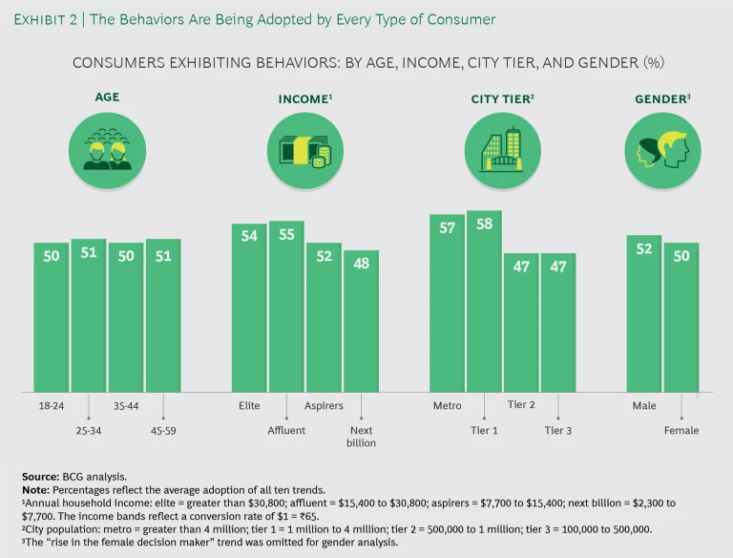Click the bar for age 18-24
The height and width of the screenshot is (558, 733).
(x=52, y=317)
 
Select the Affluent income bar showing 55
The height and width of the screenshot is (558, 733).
(x=286, y=306)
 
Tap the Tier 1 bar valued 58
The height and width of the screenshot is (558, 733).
(x=484, y=301)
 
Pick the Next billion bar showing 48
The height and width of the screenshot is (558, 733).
(x=361, y=321)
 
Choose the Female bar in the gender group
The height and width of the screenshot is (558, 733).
(x=681, y=317)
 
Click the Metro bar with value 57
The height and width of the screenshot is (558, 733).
(x=447, y=303)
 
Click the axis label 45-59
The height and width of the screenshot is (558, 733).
(x=163, y=430)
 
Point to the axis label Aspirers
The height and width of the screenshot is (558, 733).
(x=324, y=406)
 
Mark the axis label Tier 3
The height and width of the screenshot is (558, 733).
(x=559, y=430)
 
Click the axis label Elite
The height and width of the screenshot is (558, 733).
(x=249, y=406)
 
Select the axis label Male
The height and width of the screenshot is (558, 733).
(x=644, y=406)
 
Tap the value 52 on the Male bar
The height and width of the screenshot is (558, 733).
(x=644, y=248)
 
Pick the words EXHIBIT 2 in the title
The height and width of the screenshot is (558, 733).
(x=47, y=19)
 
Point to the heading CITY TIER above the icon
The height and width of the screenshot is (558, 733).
(x=501, y=99)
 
